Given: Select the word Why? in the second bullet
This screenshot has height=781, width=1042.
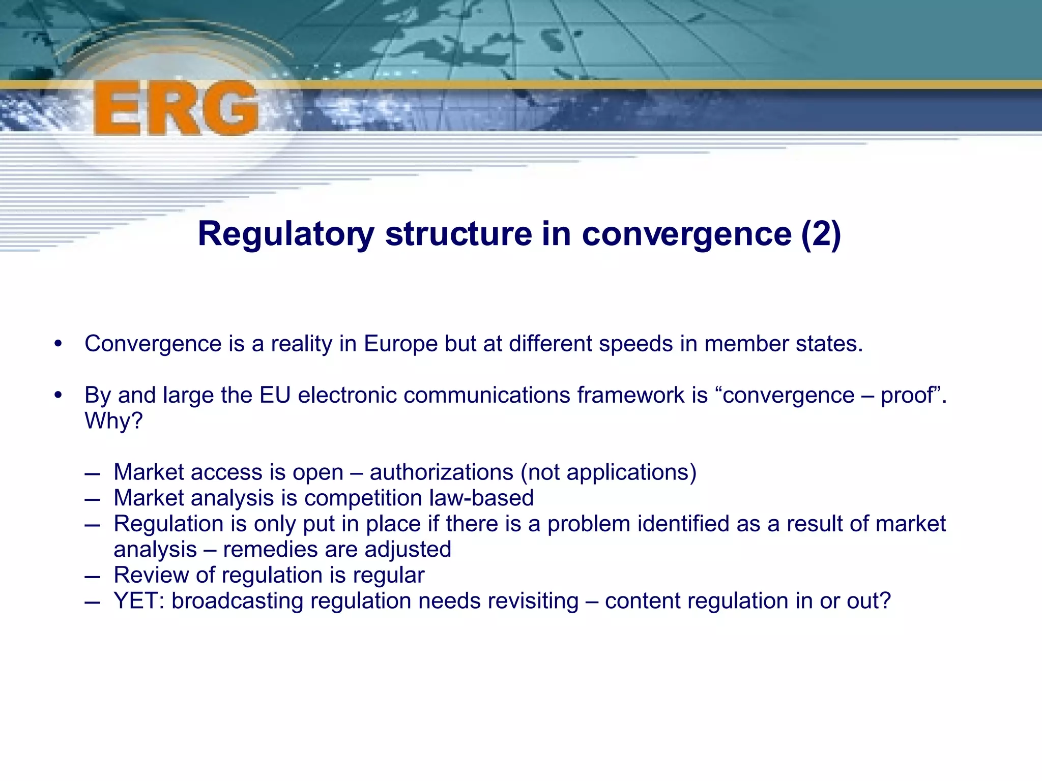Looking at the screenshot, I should tap(113, 421).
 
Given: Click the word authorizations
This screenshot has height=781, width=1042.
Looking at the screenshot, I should tap(441, 472).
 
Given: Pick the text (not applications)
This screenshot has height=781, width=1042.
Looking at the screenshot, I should tap(608, 472).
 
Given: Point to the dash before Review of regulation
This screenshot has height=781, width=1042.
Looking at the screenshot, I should tap(93, 576).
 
